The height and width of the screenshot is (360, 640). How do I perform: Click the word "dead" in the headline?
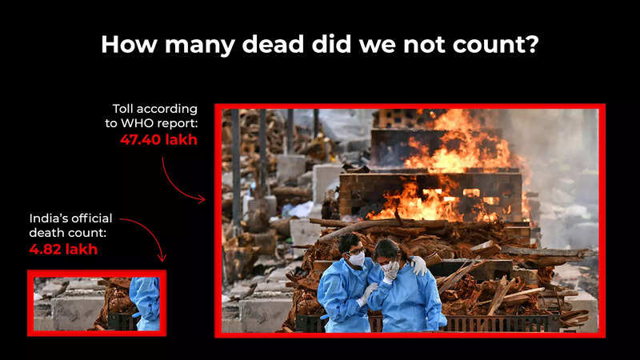274,44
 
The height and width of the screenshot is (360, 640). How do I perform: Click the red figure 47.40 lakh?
158,139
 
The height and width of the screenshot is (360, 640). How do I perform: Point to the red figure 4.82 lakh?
63,249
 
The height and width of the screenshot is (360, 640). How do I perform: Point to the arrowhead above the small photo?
162,258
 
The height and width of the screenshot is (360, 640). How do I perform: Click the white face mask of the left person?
357,259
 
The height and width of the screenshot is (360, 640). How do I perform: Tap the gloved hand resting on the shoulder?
418,266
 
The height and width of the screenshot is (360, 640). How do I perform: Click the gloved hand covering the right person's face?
391,271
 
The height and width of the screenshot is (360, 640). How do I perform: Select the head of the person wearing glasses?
350,248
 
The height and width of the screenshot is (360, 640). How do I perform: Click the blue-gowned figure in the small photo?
146,304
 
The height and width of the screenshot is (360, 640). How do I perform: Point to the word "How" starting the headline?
129,44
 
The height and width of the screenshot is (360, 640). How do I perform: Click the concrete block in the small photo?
78,313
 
